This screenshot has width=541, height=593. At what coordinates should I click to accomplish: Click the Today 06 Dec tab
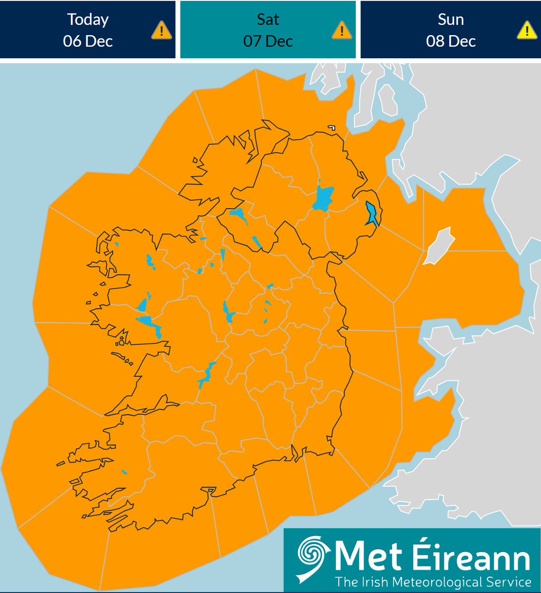(88, 30)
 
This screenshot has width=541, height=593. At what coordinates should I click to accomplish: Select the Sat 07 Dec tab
(268, 30)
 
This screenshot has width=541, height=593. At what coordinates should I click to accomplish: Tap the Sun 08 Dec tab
(451, 30)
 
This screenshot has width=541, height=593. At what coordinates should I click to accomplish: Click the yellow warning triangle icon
(527, 31)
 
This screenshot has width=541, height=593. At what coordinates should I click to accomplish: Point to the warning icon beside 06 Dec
(161, 31)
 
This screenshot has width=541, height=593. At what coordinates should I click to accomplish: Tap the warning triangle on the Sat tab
(341, 31)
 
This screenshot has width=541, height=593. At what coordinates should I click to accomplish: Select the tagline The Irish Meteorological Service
(433, 581)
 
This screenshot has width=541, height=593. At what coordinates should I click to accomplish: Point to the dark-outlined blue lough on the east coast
(371, 214)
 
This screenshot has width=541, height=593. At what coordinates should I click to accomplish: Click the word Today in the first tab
(88, 19)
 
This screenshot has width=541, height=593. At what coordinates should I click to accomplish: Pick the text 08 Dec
(451, 41)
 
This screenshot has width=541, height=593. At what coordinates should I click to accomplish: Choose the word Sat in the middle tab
(268, 19)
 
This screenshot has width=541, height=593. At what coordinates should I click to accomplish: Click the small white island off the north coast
(331, 128)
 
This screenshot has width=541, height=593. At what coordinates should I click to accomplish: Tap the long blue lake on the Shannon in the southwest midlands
(205, 375)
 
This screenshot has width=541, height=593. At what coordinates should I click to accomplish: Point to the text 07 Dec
(268, 41)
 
